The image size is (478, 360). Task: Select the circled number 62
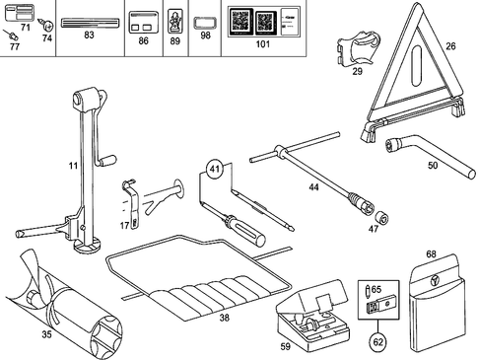coord(376,343)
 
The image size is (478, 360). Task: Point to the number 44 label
coord(314,186)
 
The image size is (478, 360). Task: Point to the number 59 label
coord(285,346)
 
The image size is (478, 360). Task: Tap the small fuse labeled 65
coord(367,290)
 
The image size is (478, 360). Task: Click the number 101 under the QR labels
coord(261,46)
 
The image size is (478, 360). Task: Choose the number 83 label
coord(90,35)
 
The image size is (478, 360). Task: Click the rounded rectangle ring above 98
coord(205,19)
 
